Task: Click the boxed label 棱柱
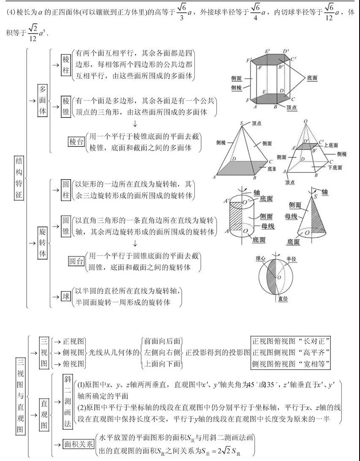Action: point(65,65)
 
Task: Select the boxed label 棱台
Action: point(76,142)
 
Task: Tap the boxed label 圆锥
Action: point(65,226)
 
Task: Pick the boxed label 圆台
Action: point(76,262)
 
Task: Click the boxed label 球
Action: point(66,297)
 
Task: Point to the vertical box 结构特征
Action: point(19,178)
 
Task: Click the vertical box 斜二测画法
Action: point(66,399)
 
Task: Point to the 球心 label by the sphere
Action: point(261,258)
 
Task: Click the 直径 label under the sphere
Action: point(283,298)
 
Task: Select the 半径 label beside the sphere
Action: point(292,258)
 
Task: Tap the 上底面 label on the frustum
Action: point(332,145)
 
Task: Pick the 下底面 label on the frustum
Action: point(335,167)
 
